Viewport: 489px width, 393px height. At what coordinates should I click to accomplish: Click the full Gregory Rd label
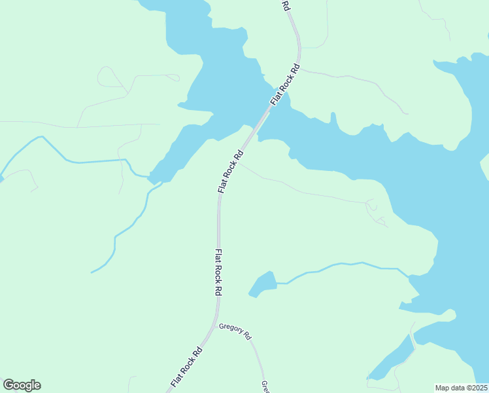[x=235, y=331]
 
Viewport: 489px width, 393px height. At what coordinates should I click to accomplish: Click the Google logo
[x=22, y=385]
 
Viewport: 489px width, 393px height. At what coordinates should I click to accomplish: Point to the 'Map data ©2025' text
[x=461, y=387]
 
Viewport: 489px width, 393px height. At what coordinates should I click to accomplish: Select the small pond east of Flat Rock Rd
[x=263, y=284]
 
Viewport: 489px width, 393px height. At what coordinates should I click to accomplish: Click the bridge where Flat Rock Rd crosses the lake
[x=263, y=118]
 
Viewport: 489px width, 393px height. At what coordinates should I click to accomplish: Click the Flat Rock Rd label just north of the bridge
[x=286, y=83]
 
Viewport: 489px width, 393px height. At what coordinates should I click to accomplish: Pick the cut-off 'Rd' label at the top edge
[x=286, y=5]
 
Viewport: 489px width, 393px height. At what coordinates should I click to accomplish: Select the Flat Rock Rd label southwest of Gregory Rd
[x=186, y=365]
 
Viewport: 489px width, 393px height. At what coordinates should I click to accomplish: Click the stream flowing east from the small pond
[x=340, y=266]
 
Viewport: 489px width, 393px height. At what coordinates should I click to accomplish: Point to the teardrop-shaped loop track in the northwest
[x=108, y=77]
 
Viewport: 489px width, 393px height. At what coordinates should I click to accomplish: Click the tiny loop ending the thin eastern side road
[x=371, y=205]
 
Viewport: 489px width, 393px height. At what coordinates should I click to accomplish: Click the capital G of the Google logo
[x=9, y=385]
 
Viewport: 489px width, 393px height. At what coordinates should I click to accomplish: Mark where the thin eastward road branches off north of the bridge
[x=299, y=68]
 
